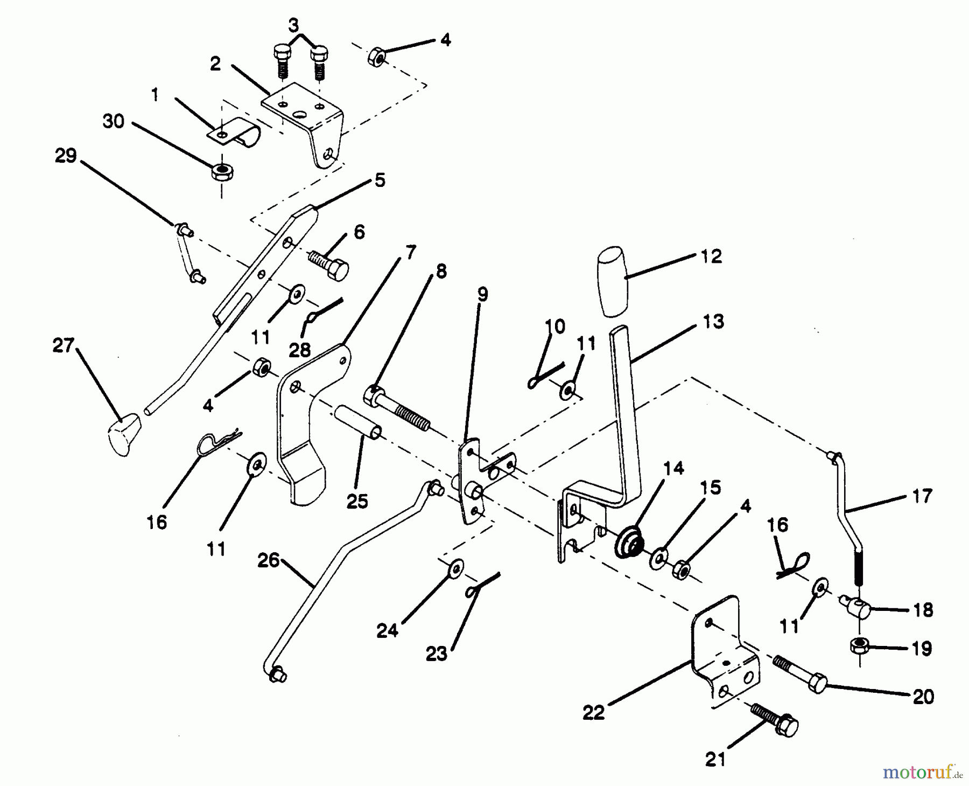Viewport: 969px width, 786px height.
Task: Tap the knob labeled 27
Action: (124, 434)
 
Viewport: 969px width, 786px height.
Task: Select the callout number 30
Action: (114, 122)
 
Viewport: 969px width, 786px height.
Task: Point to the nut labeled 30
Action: (221, 172)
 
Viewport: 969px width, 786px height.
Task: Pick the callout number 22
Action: (593, 713)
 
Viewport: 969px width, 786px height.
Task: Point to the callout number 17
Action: (922, 496)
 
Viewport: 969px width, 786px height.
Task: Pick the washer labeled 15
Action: (657, 558)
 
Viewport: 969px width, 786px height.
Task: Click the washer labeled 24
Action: (457, 567)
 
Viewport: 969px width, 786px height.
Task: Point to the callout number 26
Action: (268, 561)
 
